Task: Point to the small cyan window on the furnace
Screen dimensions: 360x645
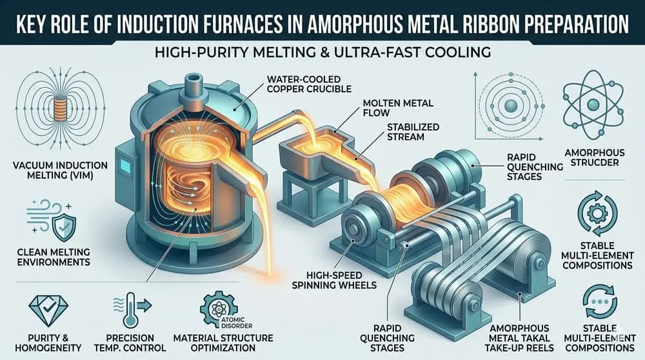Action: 124,166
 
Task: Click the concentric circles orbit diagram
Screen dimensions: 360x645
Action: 504,106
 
